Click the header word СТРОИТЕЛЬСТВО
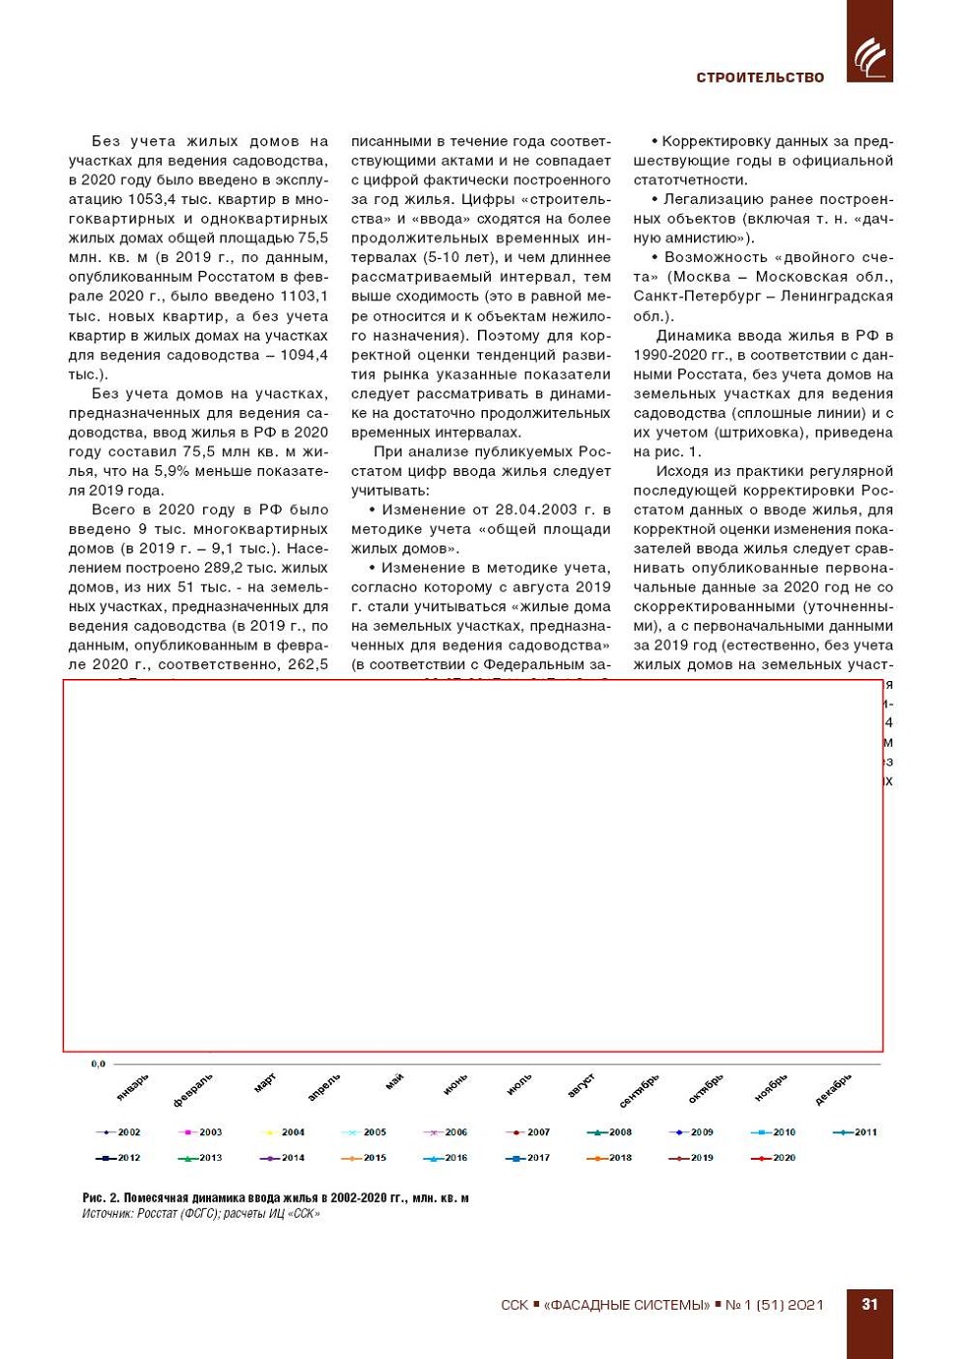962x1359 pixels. pos(760,78)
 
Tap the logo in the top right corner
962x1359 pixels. pos(870,55)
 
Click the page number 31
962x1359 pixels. pos(870,1304)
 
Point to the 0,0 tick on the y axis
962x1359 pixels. pos(98,1064)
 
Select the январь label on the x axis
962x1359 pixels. pos(134,1086)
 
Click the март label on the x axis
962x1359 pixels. pos(265,1082)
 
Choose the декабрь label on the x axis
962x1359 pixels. pos(833,1088)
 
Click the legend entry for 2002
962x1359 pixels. pos(119,1132)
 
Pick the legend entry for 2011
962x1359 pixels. pos(855,1132)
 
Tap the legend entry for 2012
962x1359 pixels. pos(119,1158)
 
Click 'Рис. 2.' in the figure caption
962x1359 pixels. pos(101,1197)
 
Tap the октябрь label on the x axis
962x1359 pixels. pos(706,1087)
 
